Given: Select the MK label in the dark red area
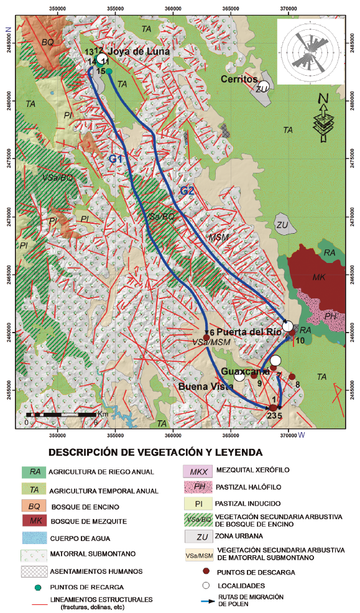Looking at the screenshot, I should click(x=318, y=278).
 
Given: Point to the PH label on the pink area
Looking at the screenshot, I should click(x=331, y=317).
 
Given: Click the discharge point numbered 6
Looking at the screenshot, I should click(x=206, y=337).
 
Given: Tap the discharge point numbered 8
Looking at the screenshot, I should click(x=292, y=377).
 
